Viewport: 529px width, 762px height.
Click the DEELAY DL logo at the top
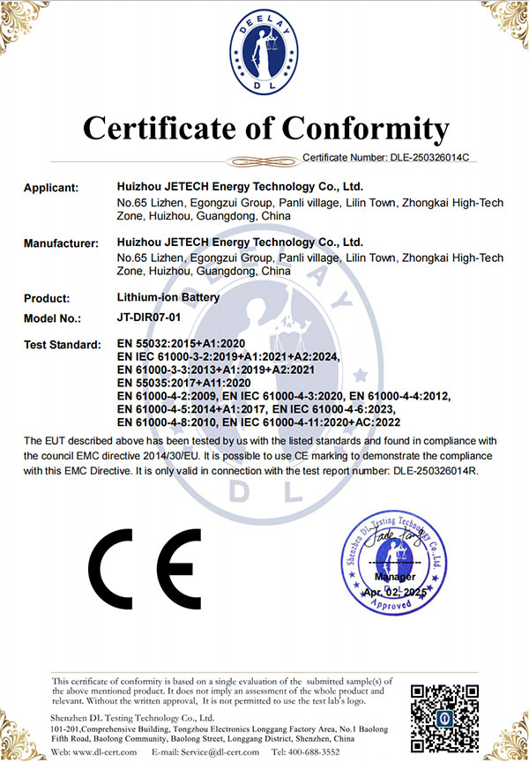click(264, 56)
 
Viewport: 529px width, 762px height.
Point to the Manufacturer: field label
click(60, 243)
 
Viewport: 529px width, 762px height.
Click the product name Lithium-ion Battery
click(168, 298)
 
